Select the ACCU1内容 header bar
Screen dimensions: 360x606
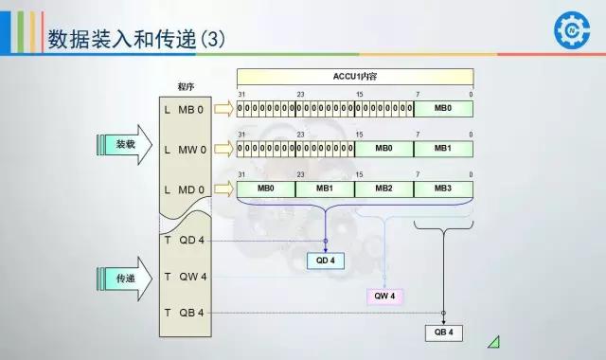coord(354,76)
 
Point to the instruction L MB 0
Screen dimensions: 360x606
coord(185,109)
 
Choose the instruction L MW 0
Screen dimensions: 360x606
coord(185,150)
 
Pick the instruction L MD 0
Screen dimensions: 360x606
coord(185,189)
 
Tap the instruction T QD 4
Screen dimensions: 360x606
coord(185,240)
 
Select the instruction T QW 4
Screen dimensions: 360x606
coord(185,277)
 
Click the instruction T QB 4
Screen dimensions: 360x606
coord(185,313)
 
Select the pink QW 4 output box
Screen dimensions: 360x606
coord(385,296)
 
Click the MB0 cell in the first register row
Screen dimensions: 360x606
coord(443,109)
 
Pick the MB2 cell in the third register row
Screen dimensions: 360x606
coord(383,189)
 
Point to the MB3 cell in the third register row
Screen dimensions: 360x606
coord(443,189)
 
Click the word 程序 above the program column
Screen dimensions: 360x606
coord(186,86)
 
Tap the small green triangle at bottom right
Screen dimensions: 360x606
coord(493,342)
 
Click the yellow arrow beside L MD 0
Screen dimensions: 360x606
coord(223,189)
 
